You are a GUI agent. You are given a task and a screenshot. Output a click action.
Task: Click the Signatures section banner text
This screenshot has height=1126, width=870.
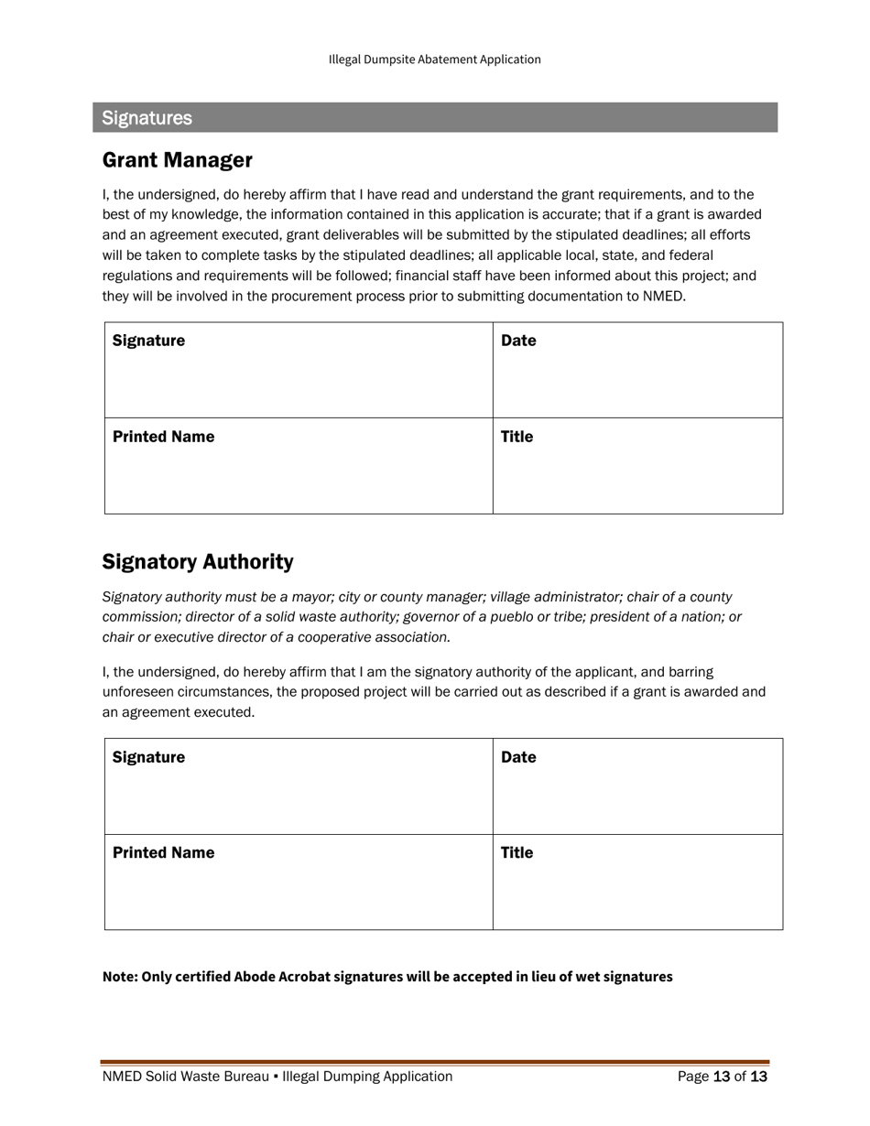[147, 118]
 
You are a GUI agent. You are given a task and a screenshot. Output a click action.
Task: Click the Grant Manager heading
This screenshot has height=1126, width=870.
[177, 160]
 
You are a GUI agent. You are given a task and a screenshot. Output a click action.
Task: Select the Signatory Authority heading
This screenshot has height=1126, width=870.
[197, 561]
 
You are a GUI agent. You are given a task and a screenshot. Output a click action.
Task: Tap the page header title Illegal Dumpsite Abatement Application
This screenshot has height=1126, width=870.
[434, 60]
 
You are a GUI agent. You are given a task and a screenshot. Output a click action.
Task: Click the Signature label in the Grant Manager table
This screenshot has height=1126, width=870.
[148, 341]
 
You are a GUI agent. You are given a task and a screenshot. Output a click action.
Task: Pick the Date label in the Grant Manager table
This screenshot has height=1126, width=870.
[518, 341]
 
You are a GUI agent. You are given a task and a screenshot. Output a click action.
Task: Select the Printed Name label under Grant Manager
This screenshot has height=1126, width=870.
[163, 437]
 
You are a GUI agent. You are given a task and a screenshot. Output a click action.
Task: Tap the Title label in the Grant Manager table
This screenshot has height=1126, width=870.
[517, 437]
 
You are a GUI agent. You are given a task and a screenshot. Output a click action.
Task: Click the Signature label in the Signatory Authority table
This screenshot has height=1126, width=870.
[148, 757]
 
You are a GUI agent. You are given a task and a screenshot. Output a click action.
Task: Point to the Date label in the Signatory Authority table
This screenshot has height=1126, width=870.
[518, 757]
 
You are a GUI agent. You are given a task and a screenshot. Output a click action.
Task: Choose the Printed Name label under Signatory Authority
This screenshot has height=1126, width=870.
[163, 852]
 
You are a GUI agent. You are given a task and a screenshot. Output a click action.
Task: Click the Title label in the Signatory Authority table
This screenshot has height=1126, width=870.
[517, 852]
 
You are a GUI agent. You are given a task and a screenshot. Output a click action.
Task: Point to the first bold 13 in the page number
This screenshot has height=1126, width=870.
[721, 1077]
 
